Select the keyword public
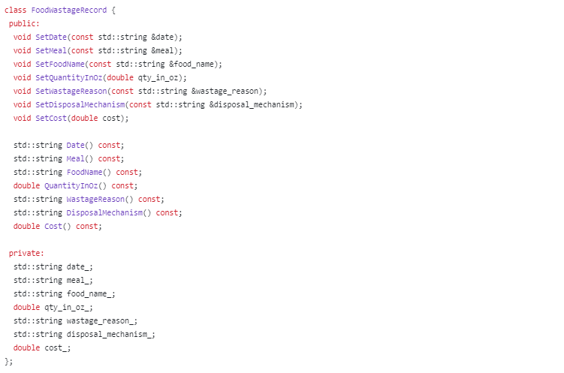point(24,24)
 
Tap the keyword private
point(26,254)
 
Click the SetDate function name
point(51,38)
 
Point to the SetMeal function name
point(51,51)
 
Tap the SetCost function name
point(51,119)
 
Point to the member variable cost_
point(59,348)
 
